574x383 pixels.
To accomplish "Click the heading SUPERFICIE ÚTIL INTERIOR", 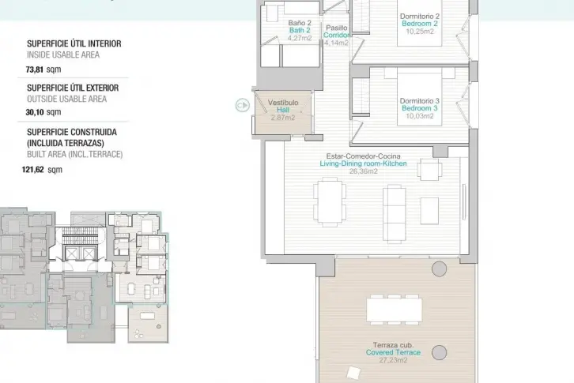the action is click(x=74, y=43).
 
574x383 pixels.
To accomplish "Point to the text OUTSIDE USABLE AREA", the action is click(x=66, y=99).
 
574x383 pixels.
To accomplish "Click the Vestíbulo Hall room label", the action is click(x=283, y=106).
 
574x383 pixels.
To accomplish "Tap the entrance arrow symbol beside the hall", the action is click(x=243, y=105).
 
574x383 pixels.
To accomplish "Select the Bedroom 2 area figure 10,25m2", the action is click(x=420, y=32).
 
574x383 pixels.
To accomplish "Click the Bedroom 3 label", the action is click(x=420, y=108).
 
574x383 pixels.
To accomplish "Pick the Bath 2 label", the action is click(x=300, y=30).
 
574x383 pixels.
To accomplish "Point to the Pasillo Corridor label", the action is click(x=337, y=32).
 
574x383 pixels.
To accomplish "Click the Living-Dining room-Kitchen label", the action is click(x=363, y=163).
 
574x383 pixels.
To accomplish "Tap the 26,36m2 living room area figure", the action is click(x=364, y=171).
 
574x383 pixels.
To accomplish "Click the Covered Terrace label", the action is click(x=393, y=352).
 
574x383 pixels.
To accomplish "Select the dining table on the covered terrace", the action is click(x=395, y=310).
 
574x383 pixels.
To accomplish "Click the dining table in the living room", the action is click(x=330, y=201).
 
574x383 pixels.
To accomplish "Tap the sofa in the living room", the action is click(x=395, y=214).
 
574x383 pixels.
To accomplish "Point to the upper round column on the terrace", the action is click(x=439, y=268).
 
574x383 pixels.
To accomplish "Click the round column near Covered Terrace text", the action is click(x=439, y=353).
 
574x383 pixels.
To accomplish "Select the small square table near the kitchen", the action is click(x=430, y=169).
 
